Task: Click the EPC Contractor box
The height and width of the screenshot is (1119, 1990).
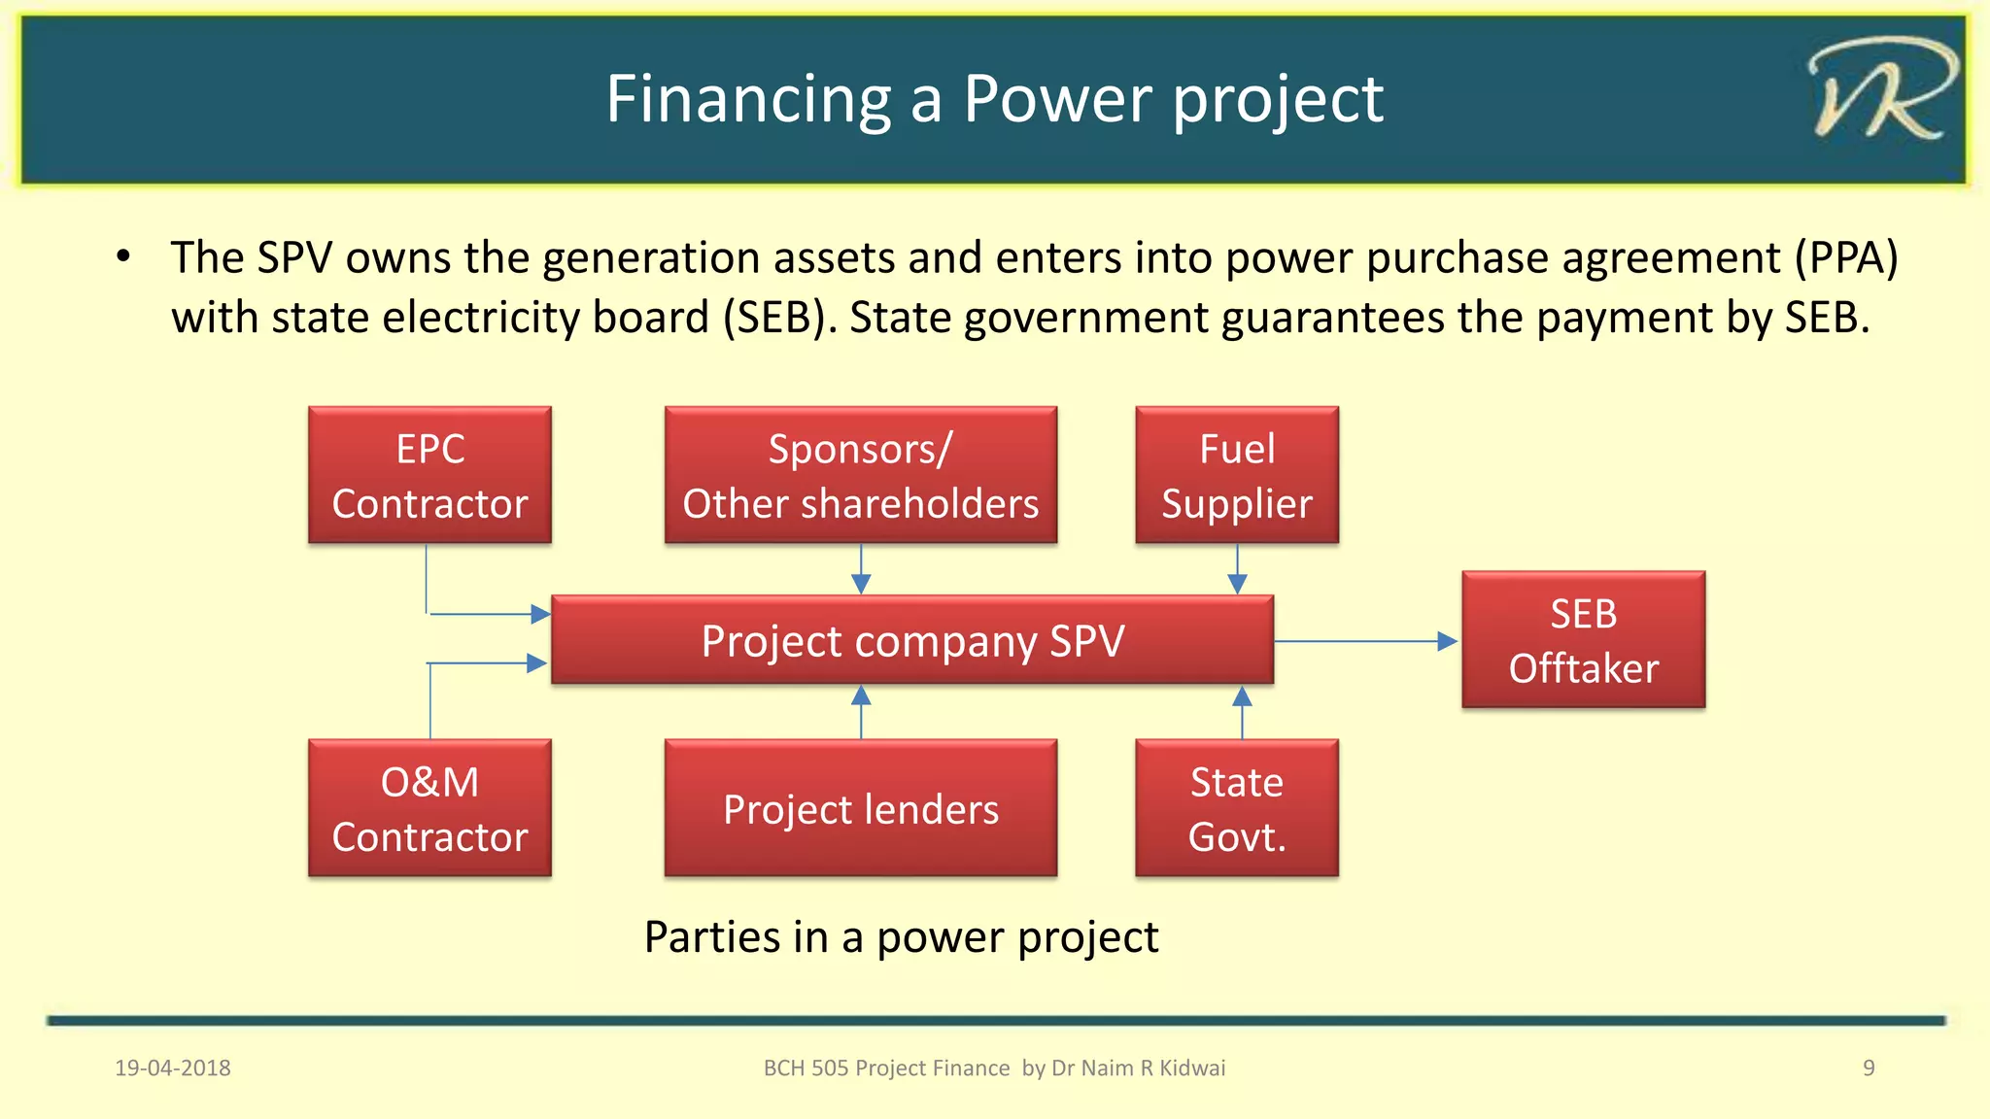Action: click(x=429, y=475)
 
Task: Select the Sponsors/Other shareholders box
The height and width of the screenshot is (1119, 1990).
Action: click(x=861, y=475)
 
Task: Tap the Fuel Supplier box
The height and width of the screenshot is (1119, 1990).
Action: click(x=1237, y=475)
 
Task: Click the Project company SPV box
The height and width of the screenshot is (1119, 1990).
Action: click(x=912, y=641)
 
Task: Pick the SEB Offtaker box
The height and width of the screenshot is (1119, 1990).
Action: click(x=1583, y=640)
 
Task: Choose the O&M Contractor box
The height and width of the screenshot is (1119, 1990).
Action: click(x=429, y=808)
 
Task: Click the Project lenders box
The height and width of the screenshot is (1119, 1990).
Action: click(x=861, y=808)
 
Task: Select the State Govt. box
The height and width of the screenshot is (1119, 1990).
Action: click(x=1237, y=808)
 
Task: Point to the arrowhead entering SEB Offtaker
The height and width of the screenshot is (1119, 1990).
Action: click(x=1447, y=641)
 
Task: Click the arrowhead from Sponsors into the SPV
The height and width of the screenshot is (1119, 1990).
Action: click(x=861, y=583)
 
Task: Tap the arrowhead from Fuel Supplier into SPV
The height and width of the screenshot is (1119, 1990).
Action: click(x=1237, y=583)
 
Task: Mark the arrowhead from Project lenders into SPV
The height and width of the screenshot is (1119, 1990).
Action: click(x=861, y=696)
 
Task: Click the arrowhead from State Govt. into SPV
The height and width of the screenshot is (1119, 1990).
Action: click(x=1242, y=696)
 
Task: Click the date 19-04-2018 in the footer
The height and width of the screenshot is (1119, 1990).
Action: click(x=173, y=1068)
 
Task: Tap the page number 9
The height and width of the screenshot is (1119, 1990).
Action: click(x=1868, y=1068)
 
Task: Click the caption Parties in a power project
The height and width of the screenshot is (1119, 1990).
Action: click(x=901, y=937)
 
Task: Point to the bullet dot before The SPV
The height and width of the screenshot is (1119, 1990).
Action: click(x=123, y=257)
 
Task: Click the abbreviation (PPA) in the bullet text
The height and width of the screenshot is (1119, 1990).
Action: click(x=1845, y=258)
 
